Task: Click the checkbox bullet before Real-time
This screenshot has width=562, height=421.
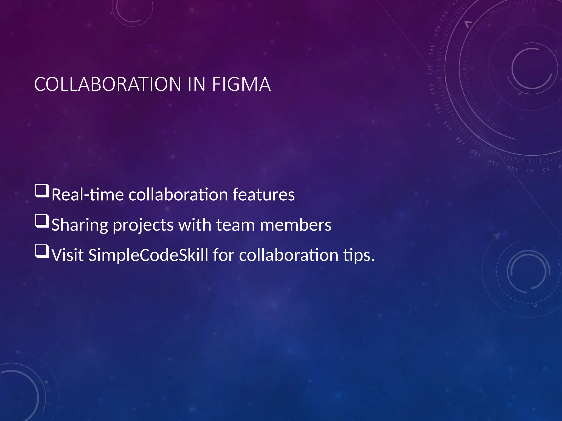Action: point(42,191)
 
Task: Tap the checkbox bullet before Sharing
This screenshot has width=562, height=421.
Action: point(42,221)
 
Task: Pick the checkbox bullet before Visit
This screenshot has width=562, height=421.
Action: point(42,252)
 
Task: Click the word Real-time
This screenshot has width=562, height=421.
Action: point(88,195)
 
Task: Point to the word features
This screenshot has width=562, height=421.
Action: point(263,195)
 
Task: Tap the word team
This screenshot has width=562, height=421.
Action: point(235,225)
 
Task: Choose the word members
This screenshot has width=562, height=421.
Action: point(296,225)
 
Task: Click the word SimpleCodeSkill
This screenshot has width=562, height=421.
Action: point(148,255)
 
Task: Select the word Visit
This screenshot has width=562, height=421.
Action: point(68,255)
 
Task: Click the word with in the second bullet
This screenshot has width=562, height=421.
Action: point(195,225)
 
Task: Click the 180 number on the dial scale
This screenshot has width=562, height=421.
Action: point(431,49)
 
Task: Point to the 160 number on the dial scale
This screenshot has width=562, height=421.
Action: point(431,89)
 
